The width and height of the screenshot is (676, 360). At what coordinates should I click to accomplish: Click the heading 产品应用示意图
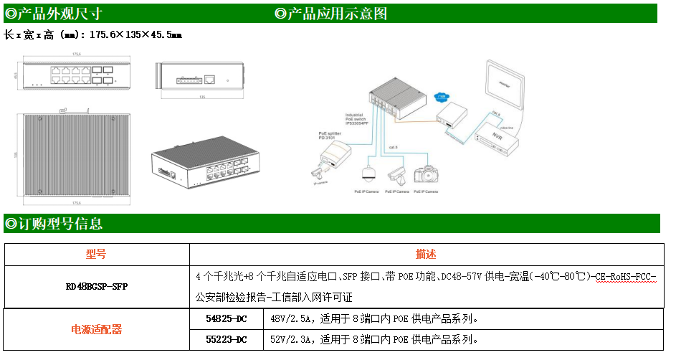coord(336,13)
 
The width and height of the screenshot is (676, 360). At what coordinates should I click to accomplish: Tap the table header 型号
coord(96,255)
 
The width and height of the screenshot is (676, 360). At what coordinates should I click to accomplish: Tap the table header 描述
coord(426,255)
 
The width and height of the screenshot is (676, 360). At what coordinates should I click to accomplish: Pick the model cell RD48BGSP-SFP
coord(96,286)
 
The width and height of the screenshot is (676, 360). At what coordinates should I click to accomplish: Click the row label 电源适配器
coord(96,329)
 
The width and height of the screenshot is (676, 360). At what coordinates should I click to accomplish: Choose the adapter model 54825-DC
coord(226,319)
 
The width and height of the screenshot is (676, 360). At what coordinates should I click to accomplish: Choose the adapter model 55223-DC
coord(226,339)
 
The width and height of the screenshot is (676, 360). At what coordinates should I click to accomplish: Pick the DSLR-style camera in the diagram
coord(429,174)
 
